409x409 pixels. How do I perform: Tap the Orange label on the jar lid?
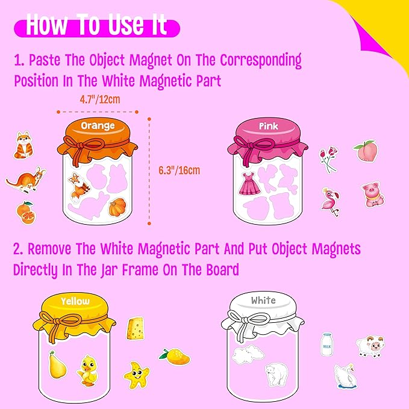97,125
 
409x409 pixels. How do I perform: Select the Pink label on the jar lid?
268,126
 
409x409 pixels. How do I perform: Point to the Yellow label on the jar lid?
75,301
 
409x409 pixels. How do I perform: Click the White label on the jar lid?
263,300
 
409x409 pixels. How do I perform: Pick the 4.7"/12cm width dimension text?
100,100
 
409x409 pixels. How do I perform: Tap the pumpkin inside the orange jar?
117,207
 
